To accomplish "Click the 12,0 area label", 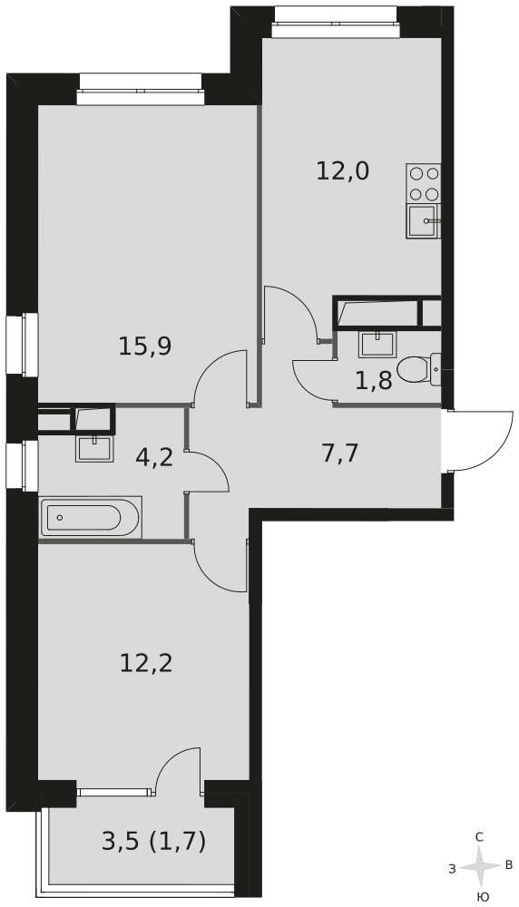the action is coord(343,171).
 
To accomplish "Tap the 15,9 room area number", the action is coord(144,346).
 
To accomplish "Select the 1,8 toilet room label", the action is coord(374,381).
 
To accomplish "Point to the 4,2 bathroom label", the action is coord(154,458).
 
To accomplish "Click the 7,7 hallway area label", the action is coord(340,453).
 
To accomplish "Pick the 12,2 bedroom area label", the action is coord(146,663).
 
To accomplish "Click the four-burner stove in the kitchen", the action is coord(424,184).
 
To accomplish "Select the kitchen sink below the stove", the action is coord(424,221).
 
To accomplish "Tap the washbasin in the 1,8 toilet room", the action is coord(377,344).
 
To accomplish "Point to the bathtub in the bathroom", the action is coord(91,517).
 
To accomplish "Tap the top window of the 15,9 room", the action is coord(142,89).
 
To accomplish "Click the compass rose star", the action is coord(479,866).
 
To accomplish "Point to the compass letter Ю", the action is coord(482,897).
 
